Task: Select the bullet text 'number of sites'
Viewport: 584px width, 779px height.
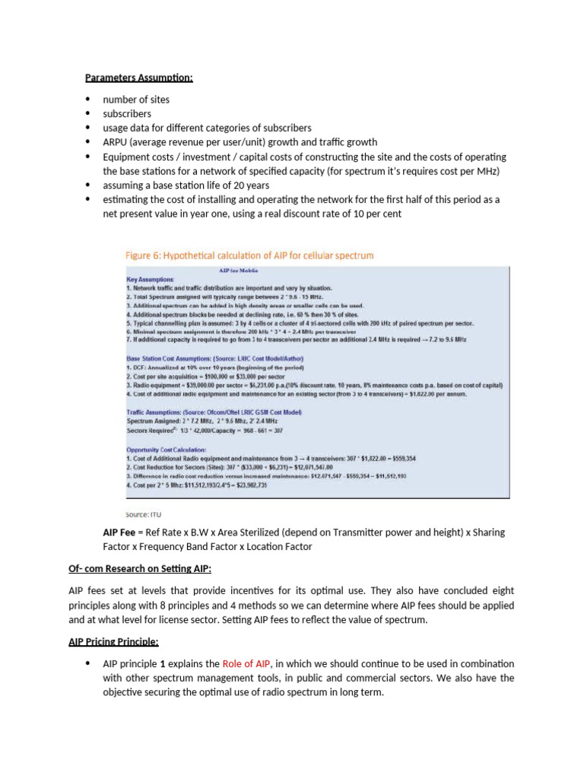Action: [136, 100]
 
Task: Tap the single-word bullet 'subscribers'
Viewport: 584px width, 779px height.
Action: [127, 113]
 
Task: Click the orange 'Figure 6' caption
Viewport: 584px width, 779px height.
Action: [249, 256]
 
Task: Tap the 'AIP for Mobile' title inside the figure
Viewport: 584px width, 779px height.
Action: [233, 269]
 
